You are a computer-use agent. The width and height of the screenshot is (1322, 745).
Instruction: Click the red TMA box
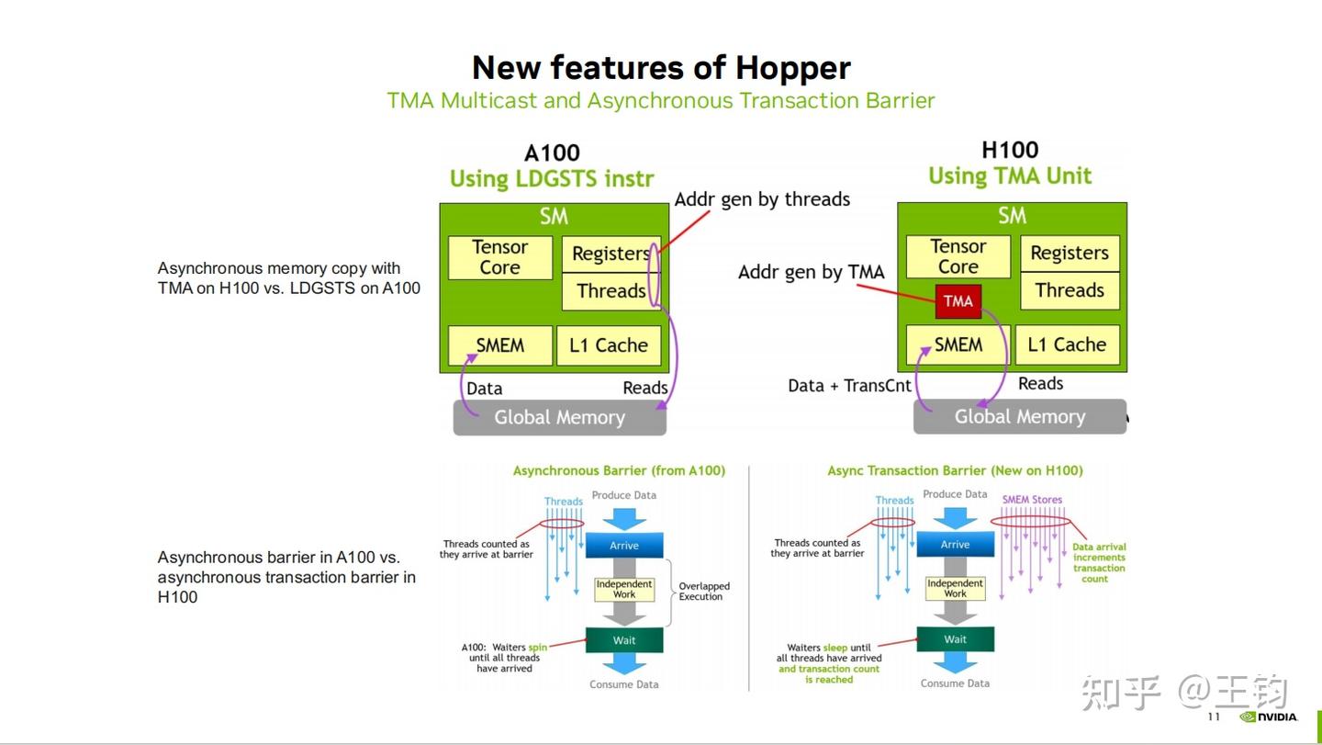[958, 301]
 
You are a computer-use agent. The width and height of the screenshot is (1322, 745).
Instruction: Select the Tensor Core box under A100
[499, 257]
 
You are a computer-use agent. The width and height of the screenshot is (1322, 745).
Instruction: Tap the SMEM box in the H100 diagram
[958, 344]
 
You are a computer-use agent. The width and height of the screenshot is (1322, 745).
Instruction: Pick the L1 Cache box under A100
[609, 345]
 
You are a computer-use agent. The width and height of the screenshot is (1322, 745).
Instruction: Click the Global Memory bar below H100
[1020, 417]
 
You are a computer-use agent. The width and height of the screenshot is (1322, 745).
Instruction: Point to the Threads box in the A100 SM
[611, 291]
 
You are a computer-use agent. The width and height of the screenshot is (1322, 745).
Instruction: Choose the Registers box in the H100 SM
[1070, 254]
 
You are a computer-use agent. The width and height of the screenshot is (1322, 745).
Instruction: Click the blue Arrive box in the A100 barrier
[624, 546]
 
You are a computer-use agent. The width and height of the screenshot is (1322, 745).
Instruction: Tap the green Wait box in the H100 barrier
[955, 639]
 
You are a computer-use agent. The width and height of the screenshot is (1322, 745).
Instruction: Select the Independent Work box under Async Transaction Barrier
[955, 588]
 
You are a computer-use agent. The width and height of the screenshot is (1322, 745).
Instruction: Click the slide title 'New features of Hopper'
[661, 67]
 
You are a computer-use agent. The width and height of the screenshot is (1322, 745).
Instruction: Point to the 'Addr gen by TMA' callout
[811, 272]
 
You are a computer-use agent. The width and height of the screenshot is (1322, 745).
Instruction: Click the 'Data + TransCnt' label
[849, 386]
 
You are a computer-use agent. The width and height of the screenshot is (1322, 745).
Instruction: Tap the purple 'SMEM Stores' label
[1032, 500]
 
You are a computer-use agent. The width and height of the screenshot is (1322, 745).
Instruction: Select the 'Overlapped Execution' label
[703, 591]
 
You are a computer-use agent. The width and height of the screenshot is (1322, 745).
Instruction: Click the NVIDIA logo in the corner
[1269, 717]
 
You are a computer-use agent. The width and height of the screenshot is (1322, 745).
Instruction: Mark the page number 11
[1214, 717]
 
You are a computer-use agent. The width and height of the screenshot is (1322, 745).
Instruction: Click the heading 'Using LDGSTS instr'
[552, 179]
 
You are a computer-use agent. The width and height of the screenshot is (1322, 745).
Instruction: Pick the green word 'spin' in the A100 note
[538, 648]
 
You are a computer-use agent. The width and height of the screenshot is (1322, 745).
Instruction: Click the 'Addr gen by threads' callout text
[762, 199]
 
